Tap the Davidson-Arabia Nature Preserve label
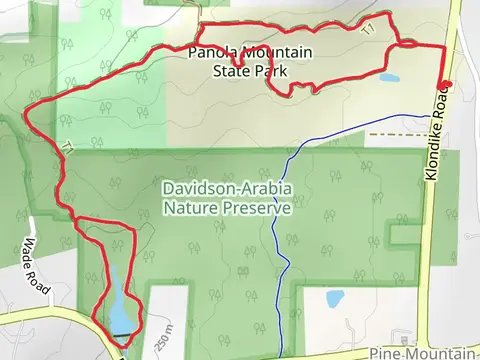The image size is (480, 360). pyautogui.click(x=228, y=198)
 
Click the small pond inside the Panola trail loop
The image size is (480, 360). pyautogui.click(x=388, y=78)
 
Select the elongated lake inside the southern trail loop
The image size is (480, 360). pyautogui.click(x=118, y=305)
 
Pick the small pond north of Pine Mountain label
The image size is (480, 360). pyautogui.click(x=335, y=298)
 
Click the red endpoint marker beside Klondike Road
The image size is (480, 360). pyautogui.click(x=445, y=85)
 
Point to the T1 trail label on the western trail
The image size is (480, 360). pyautogui.click(x=67, y=148)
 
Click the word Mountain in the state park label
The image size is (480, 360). pyautogui.click(x=276, y=53)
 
